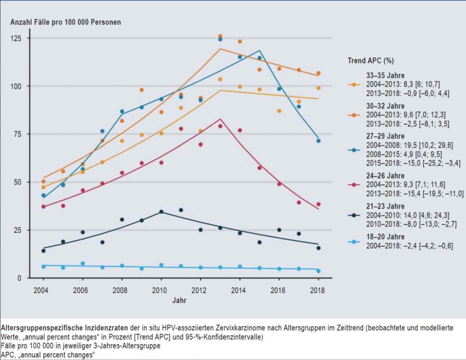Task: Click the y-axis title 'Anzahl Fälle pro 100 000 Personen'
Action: tap(66, 22)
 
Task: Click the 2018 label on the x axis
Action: tap(318, 290)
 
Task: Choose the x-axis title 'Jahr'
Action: tap(179, 300)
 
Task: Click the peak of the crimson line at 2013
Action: tap(220, 119)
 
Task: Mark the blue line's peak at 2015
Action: tap(260, 51)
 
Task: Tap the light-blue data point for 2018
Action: tap(319, 271)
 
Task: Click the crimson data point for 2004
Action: tap(43, 207)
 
